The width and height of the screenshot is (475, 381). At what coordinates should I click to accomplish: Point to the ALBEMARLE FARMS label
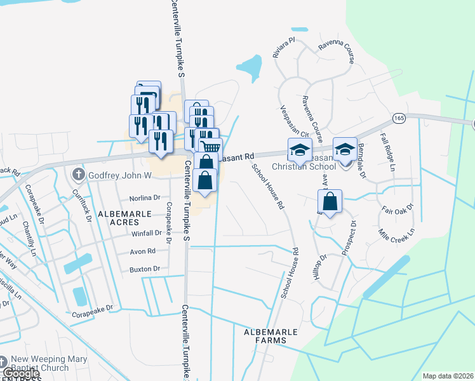[x=265, y=336]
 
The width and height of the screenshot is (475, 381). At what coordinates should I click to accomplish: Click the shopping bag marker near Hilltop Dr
[x=330, y=203]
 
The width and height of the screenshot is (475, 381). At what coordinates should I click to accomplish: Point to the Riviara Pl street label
[x=284, y=48]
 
